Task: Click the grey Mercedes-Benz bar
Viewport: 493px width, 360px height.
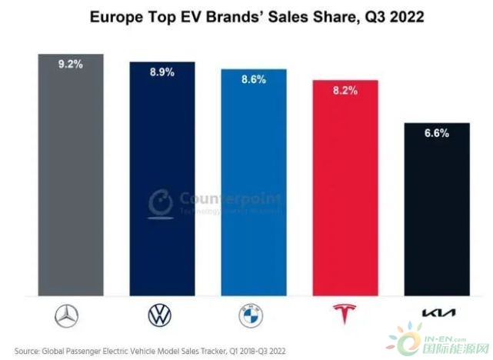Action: coord(71,177)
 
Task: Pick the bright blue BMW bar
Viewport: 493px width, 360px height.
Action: coord(253,185)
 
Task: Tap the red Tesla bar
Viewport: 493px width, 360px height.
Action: coord(345,188)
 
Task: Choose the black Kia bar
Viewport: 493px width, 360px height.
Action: coord(436,212)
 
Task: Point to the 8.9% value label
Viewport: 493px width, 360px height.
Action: coord(162,72)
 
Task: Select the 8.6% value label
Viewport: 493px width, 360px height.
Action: coord(253,79)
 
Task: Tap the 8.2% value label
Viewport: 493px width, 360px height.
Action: coord(345,89)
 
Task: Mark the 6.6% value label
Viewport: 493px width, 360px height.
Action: coord(436,132)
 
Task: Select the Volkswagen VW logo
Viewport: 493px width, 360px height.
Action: coord(162,315)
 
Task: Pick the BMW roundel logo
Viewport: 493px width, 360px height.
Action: coord(253,315)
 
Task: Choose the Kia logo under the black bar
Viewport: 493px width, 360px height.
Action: coord(436,315)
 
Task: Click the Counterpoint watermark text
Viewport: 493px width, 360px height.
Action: coord(223,195)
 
